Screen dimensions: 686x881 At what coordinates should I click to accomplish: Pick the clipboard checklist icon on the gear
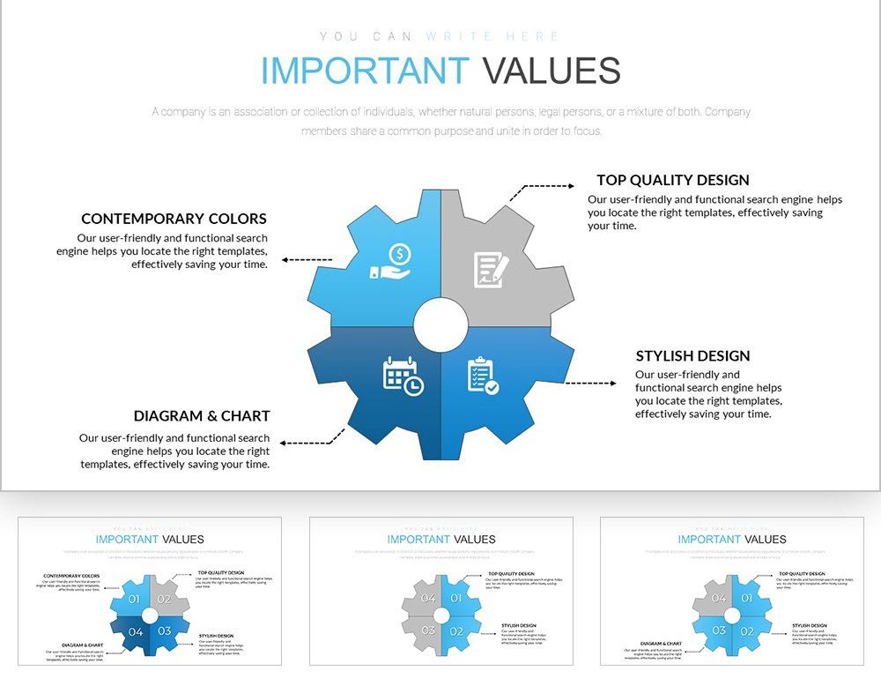[482, 375]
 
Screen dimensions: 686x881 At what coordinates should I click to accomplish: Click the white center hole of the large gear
[440, 325]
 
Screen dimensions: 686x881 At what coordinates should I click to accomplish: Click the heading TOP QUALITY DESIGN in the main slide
[673, 181]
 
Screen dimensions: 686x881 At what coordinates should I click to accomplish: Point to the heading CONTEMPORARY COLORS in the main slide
[174, 219]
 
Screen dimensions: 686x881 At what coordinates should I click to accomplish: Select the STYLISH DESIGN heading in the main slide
[692, 356]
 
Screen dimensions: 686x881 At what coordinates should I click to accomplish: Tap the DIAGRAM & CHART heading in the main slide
[202, 416]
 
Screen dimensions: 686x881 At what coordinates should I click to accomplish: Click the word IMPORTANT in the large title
[365, 71]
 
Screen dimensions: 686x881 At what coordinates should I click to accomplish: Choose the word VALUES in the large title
[552, 71]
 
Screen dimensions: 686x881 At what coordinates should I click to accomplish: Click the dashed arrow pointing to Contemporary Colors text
[307, 260]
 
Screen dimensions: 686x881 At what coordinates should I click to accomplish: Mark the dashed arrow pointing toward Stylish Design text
[590, 384]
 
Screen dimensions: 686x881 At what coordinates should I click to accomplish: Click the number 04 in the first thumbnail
[136, 631]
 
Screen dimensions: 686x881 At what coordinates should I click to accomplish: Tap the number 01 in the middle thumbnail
[455, 599]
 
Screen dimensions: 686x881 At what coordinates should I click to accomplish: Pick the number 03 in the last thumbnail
[719, 630]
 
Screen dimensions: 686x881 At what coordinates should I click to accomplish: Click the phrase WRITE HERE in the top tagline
[492, 36]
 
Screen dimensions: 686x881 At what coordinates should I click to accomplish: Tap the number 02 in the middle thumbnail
[455, 631]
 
